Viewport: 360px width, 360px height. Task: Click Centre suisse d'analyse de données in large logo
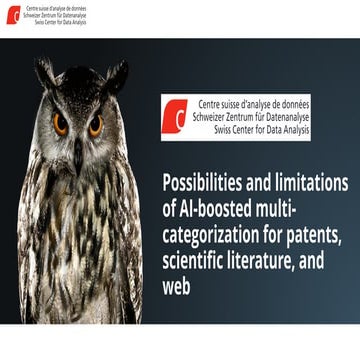pyautogui.click(x=252, y=103)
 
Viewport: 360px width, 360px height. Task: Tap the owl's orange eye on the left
pyautogui.click(x=61, y=125)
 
